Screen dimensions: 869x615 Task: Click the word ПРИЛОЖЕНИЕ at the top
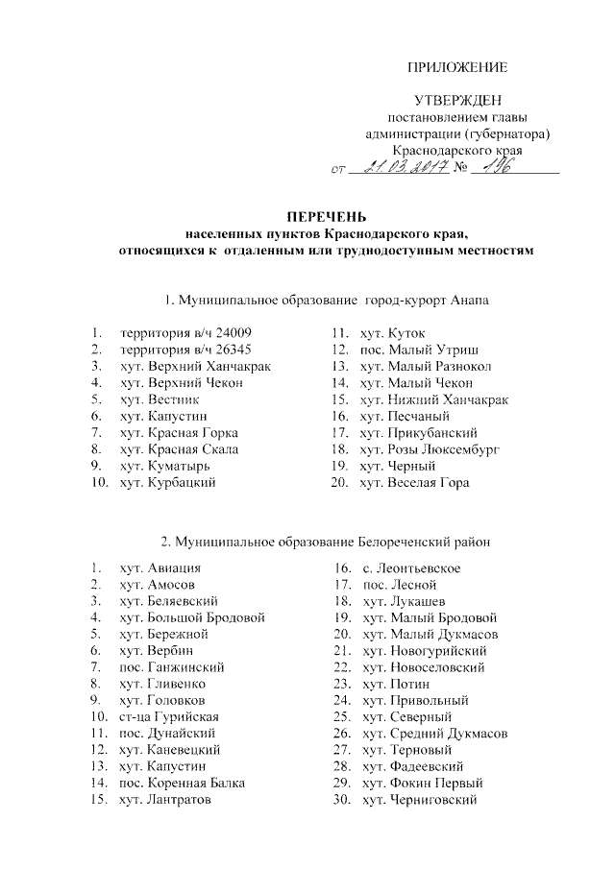(456, 67)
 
